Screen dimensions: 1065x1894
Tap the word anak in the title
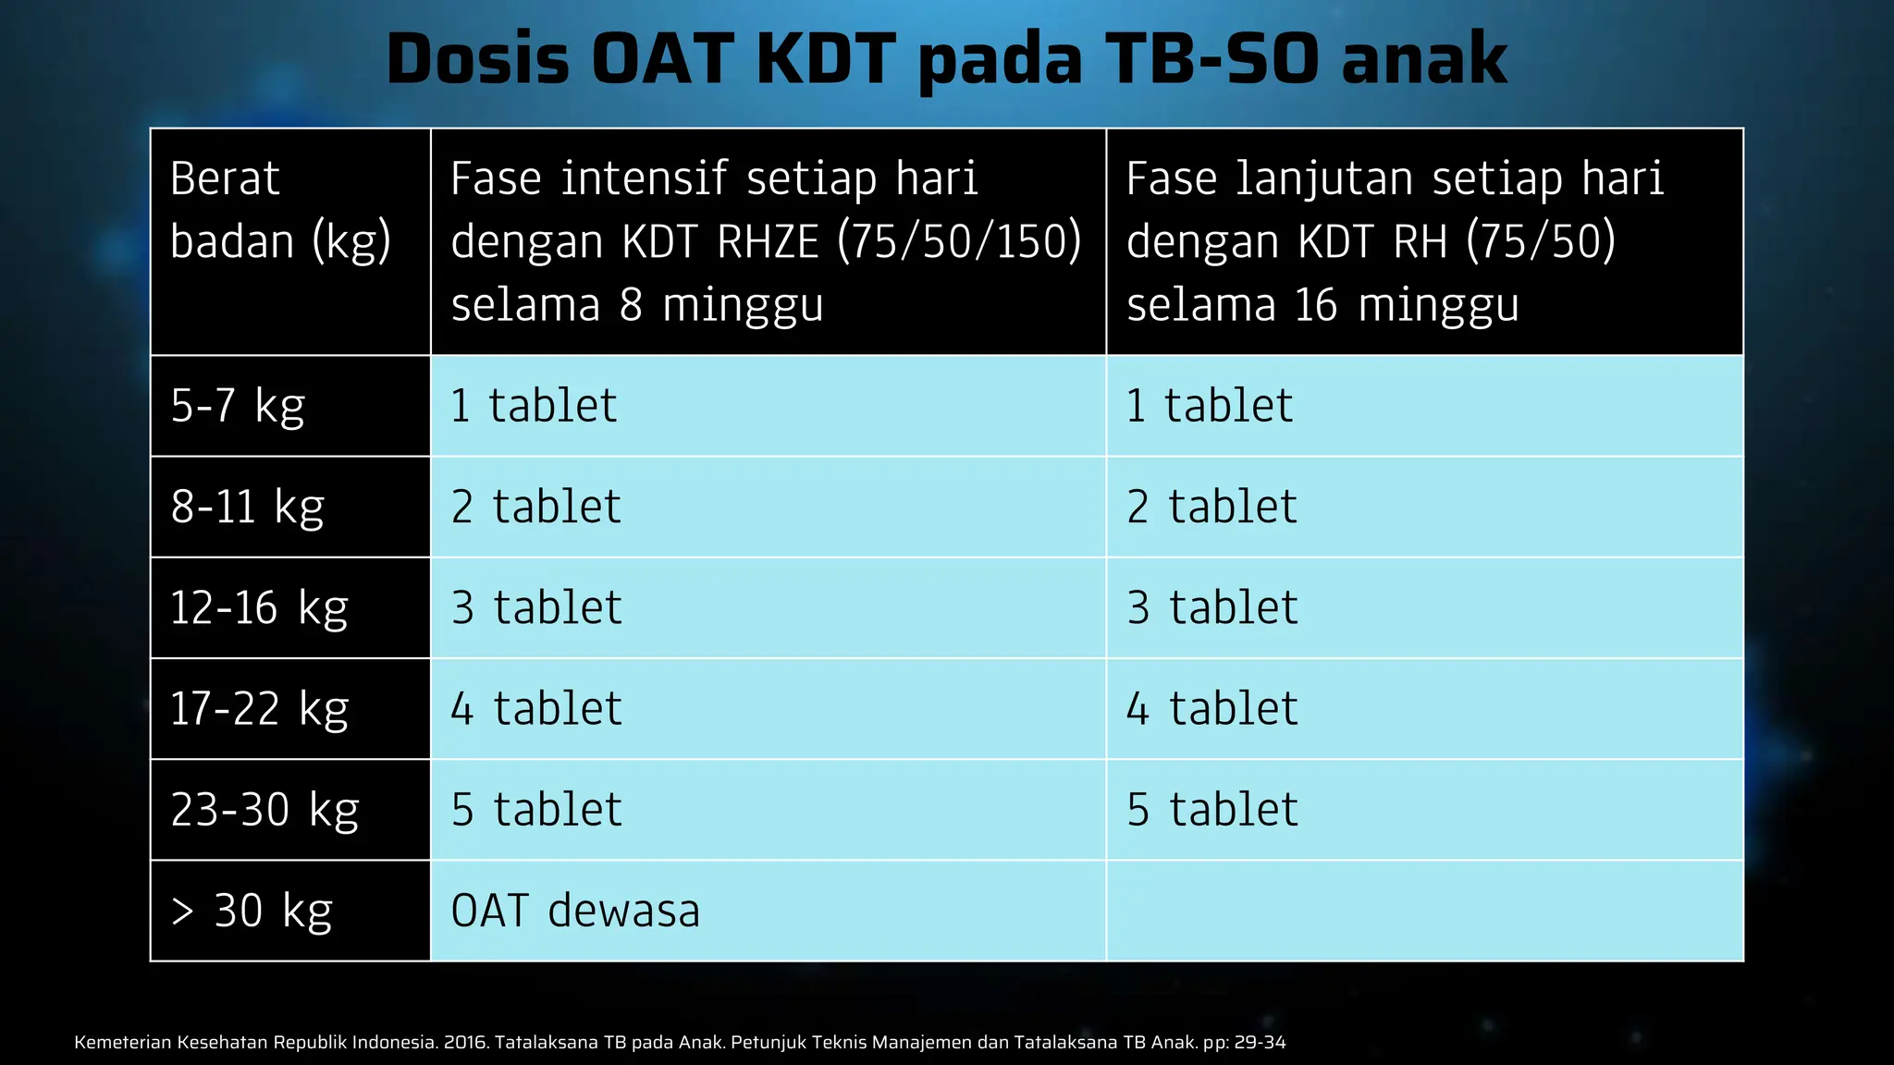coord(1424,59)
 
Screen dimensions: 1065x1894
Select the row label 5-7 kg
coord(238,406)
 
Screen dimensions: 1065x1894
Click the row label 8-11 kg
coord(247,507)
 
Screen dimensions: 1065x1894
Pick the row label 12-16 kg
coord(259,607)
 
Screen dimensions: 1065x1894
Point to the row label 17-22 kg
coord(259,709)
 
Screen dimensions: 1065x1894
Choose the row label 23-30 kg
coord(264,810)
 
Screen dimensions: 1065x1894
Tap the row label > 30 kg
coord(252,911)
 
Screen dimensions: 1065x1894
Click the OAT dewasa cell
coord(575,911)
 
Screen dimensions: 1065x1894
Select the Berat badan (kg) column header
coord(280,210)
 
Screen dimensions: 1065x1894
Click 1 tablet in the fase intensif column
coord(534,406)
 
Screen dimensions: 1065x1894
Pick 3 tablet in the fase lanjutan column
coord(1212,607)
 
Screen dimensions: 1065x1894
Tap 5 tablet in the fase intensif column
coord(536,810)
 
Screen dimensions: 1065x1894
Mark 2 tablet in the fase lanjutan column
coord(1211,507)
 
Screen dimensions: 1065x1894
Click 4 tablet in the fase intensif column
coord(536,709)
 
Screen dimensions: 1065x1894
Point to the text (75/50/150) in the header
coord(959,241)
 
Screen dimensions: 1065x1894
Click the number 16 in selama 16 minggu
coord(1315,305)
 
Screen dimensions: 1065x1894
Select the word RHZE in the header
coord(769,241)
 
